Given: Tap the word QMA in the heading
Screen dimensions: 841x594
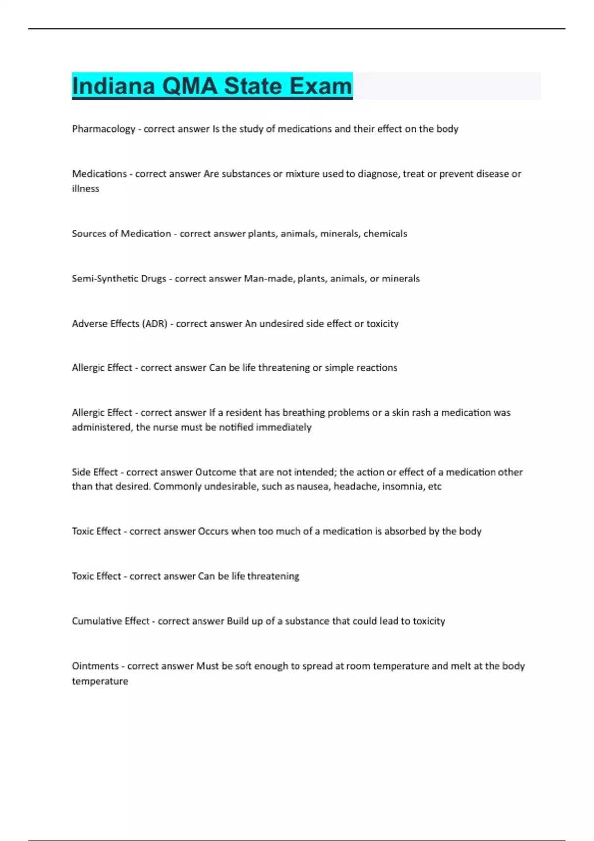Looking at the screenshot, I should [190, 86].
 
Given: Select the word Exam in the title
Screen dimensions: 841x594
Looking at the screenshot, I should [321, 86].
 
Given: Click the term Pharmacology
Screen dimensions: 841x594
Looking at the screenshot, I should [103, 129].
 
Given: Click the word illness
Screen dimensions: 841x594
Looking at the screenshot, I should [86, 188].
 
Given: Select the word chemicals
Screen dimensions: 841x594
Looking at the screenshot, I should [385, 234].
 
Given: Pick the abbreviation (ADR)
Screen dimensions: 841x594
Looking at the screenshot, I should [154, 324].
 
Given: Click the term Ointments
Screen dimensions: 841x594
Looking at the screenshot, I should [96, 666].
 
